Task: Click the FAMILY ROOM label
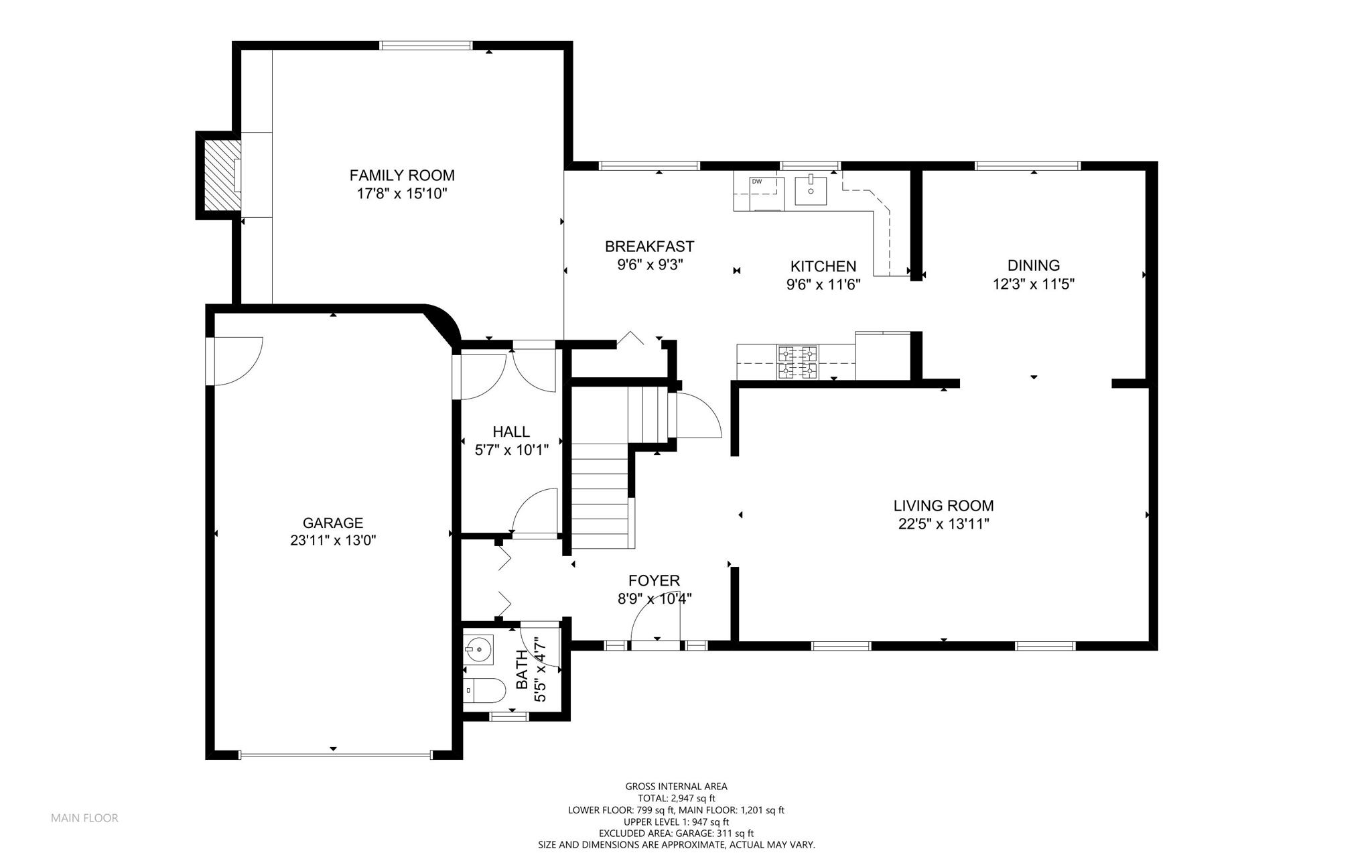pos(402,176)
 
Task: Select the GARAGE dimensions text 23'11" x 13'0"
pos(333,541)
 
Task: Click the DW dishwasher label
pos(757,182)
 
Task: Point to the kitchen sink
pos(811,190)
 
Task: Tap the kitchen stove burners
pos(797,362)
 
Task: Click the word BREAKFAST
pos(649,247)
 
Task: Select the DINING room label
pos(1034,265)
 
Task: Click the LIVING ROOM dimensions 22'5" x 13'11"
pos(943,524)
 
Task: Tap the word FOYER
pos(654,581)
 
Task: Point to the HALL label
pos(511,432)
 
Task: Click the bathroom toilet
pos(484,690)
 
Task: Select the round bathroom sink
pos(479,649)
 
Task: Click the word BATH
pos(522,670)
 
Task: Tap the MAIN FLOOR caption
pos(84,818)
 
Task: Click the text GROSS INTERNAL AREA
pos(676,787)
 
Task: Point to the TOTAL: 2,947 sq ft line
pos(677,798)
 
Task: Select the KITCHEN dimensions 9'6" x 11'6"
pos(823,285)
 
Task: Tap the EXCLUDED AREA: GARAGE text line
pos(676,834)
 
